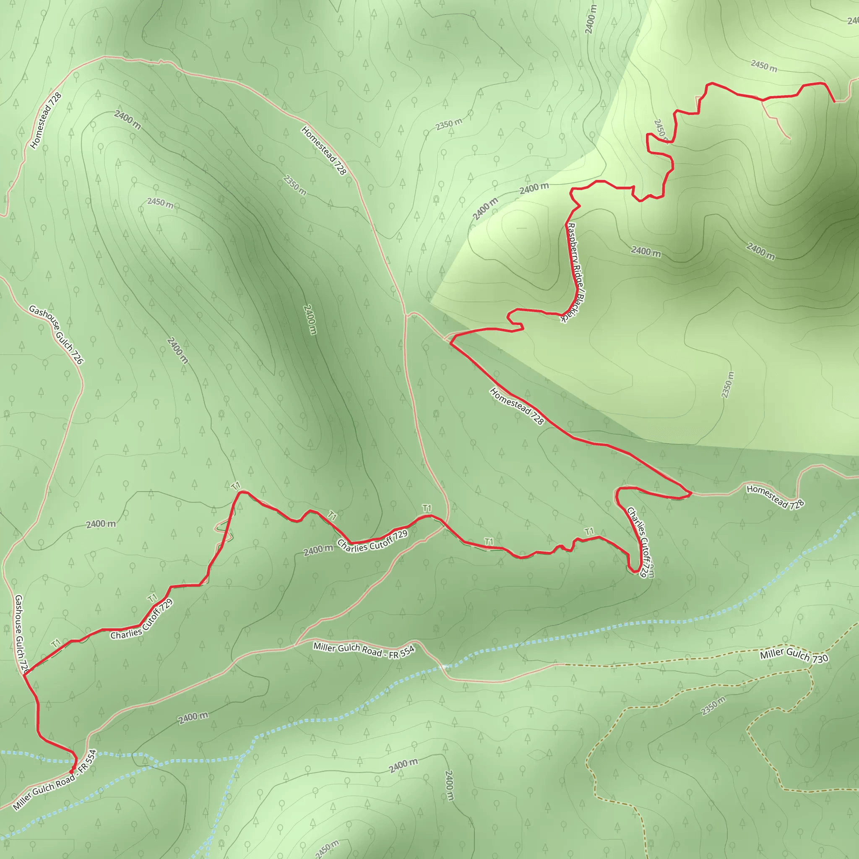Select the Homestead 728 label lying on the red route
pos(517,406)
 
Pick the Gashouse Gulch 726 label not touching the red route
pos(56,334)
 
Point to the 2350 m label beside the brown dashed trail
pos(713,706)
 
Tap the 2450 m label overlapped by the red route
pos(660,129)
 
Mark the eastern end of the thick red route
pos(834,102)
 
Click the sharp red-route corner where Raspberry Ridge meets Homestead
pos(451,343)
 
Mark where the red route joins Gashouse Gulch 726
pos(24,674)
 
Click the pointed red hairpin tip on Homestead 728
pos(690,493)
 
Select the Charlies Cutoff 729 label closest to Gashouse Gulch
pos(141,620)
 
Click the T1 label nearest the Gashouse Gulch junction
pos(56,643)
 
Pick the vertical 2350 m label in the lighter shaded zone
pos(727,385)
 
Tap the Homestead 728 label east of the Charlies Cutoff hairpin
pos(775,497)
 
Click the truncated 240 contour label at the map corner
pos(852,21)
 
